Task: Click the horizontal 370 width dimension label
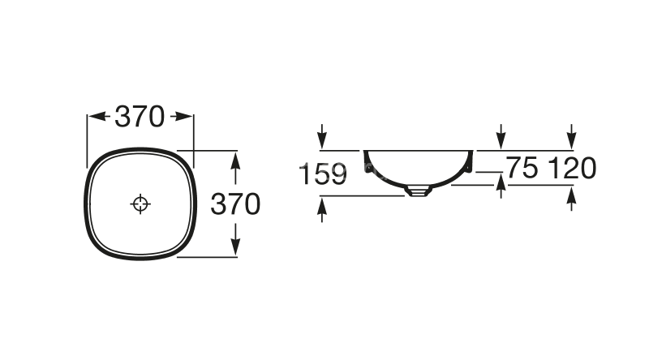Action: [140, 117]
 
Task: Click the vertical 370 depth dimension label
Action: [235, 204]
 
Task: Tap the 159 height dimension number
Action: [322, 174]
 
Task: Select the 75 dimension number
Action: [522, 168]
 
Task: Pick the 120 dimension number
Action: [572, 168]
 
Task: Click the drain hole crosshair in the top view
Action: [140, 204]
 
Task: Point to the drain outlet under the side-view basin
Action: [418, 191]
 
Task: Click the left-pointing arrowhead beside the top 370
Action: [97, 116]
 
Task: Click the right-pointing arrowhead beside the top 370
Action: [183, 116]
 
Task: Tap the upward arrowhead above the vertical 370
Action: [235, 161]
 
